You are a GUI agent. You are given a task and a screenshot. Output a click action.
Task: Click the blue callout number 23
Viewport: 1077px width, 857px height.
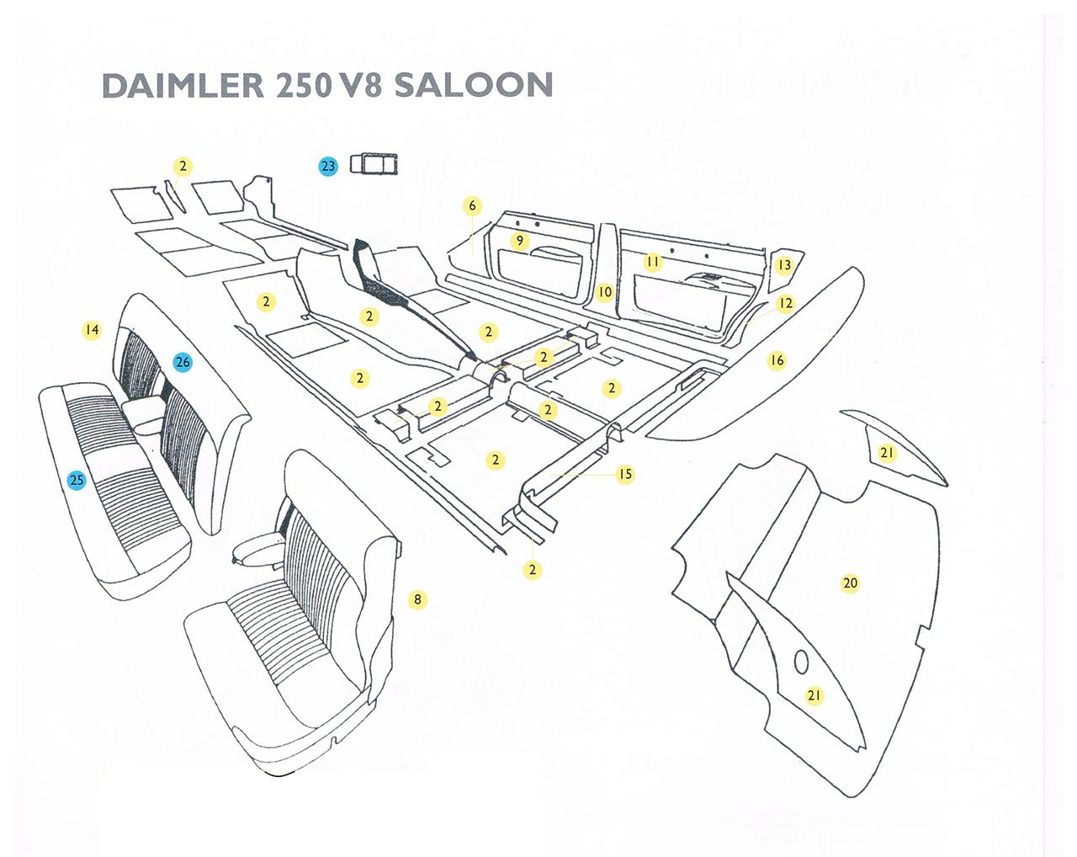pyautogui.click(x=328, y=167)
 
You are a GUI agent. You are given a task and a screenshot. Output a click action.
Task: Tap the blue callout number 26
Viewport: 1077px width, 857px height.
pyautogui.click(x=183, y=362)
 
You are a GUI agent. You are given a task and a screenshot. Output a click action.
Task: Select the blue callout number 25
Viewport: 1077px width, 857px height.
pyautogui.click(x=77, y=481)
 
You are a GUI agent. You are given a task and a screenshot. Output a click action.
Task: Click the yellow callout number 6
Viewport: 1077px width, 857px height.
pyautogui.click(x=472, y=205)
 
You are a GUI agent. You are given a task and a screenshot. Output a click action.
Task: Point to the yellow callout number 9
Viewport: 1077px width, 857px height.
pyautogui.click(x=520, y=241)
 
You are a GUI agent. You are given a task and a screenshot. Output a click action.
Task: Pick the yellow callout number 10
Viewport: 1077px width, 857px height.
pyautogui.click(x=605, y=291)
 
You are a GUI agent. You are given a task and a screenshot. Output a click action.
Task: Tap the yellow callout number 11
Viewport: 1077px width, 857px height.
pyautogui.click(x=653, y=262)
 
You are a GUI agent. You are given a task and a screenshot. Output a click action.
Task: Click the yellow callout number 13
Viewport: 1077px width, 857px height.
pyautogui.click(x=784, y=265)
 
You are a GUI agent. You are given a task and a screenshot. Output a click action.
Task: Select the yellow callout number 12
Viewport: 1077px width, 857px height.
pyautogui.click(x=786, y=303)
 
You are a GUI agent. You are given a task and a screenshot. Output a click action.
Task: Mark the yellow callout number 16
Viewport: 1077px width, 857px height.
pyautogui.click(x=777, y=360)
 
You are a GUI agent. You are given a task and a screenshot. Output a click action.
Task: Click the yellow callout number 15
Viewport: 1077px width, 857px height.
pyautogui.click(x=625, y=474)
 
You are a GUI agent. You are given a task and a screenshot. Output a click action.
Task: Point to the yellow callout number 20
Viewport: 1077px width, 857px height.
pyautogui.click(x=851, y=583)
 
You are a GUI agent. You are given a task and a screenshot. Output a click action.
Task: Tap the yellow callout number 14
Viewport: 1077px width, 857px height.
pyautogui.click(x=92, y=329)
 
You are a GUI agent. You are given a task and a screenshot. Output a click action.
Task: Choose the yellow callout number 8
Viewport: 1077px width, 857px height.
pyautogui.click(x=418, y=599)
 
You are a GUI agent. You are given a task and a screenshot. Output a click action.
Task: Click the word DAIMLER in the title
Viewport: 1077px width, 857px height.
pyautogui.click(x=183, y=85)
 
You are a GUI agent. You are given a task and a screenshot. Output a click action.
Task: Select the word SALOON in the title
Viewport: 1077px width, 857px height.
pyautogui.click(x=474, y=85)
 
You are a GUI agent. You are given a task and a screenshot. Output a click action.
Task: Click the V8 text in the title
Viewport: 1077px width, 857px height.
pyautogui.click(x=359, y=85)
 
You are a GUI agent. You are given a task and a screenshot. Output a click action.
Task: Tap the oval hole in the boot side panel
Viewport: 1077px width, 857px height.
pyautogui.click(x=801, y=663)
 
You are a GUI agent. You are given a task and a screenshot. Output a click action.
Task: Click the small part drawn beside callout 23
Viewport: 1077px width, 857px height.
pyautogui.click(x=373, y=164)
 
